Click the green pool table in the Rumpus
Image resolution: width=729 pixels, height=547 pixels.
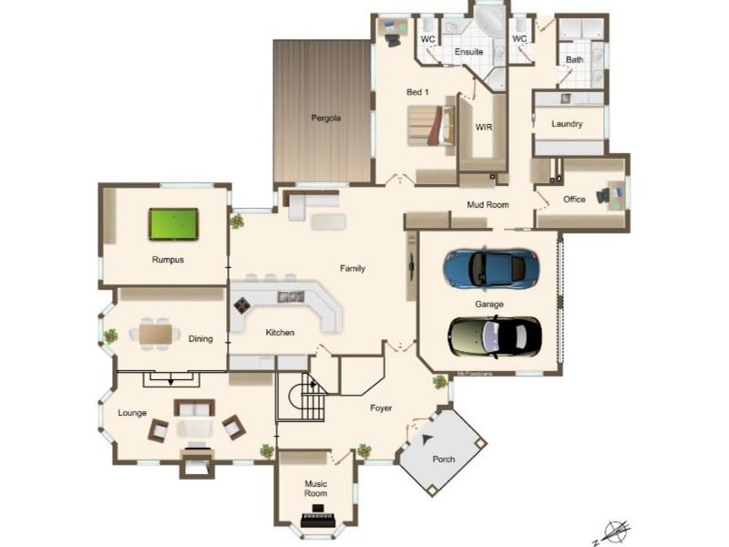(173, 223)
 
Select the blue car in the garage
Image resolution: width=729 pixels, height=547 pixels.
(490, 268)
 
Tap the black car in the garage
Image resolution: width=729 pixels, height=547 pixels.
(495, 336)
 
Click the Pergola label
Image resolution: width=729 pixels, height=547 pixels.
(325, 118)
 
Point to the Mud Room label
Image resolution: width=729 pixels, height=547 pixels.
(488, 205)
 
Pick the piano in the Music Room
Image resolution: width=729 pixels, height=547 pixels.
(318, 511)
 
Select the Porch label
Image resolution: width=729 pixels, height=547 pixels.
(444, 459)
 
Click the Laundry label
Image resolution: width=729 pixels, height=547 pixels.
(567, 124)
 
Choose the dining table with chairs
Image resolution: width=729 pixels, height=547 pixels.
(156, 334)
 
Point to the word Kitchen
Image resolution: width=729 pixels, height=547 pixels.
(280, 333)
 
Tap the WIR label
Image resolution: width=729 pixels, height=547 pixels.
(483, 128)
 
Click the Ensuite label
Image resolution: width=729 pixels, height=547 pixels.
(468, 52)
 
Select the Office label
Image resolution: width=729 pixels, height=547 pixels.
(574, 200)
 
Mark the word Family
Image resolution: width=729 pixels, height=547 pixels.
(353, 268)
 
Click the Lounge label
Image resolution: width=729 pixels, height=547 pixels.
(132, 413)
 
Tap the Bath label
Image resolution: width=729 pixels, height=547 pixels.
(575, 60)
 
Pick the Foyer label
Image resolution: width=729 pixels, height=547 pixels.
(381, 408)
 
